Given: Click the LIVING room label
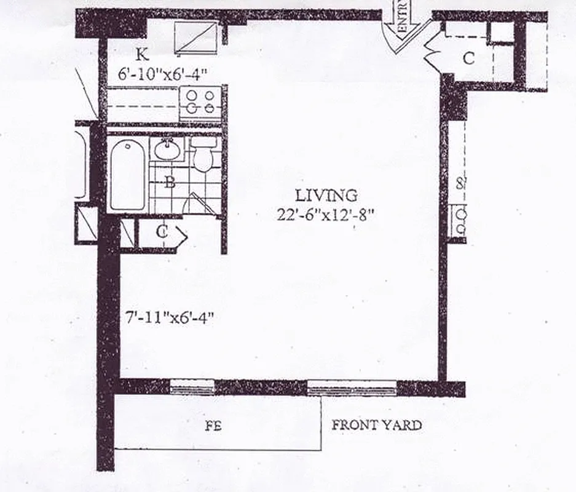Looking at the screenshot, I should [x=326, y=196].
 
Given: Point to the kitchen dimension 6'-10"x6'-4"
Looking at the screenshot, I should [x=162, y=73].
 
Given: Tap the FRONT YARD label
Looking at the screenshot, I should [x=377, y=425].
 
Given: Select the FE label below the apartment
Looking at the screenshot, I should [x=213, y=426].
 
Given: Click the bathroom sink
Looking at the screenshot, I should [x=167, y=149].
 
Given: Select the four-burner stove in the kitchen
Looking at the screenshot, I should [x=200, y=102].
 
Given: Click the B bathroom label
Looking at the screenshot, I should [x=172, y=182].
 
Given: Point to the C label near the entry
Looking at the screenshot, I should [x=468, y=59].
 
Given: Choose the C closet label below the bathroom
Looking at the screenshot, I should [x=162, y=232].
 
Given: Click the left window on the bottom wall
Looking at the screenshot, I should [x=192, y=387].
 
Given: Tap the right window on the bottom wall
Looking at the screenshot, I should [x=352, y=387].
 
